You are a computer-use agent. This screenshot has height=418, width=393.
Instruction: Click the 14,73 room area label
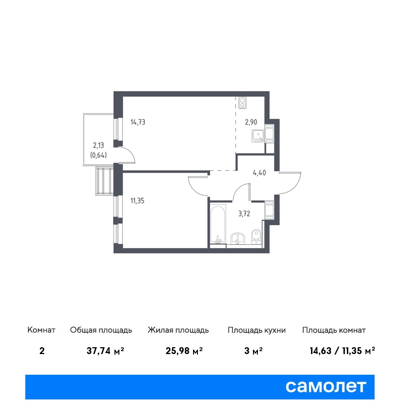pos(138,122)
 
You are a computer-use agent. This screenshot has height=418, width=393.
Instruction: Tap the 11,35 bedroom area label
pos(138,201)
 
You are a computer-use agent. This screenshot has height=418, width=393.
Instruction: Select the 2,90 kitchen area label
pos(251,122)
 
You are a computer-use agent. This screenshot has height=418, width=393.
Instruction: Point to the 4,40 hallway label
pos(259,173)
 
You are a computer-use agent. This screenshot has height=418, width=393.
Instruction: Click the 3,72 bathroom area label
pos(244,213)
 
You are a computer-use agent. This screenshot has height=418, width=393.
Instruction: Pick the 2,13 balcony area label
pos(99,145)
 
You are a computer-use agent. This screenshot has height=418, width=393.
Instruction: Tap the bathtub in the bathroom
pos(218,224)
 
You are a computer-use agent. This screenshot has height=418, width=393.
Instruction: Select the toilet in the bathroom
pos(256,236)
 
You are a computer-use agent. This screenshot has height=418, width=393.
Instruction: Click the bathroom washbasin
pos(238,239)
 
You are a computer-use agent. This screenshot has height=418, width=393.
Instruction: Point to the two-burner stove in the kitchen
pos(242,103)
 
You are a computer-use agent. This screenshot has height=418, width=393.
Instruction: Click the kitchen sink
pos(258,136)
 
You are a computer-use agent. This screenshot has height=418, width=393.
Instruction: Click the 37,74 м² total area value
pos(106,351)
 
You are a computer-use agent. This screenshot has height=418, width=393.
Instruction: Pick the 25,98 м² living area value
pos(184,351)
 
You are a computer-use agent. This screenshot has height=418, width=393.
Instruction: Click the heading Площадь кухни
pos(256,330)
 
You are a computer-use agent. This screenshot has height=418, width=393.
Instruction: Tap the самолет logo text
pos(326,387)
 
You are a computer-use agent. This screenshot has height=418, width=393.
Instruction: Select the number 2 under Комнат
pos(42,351)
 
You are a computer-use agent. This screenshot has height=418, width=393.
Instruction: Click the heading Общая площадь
pos(101,330)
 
